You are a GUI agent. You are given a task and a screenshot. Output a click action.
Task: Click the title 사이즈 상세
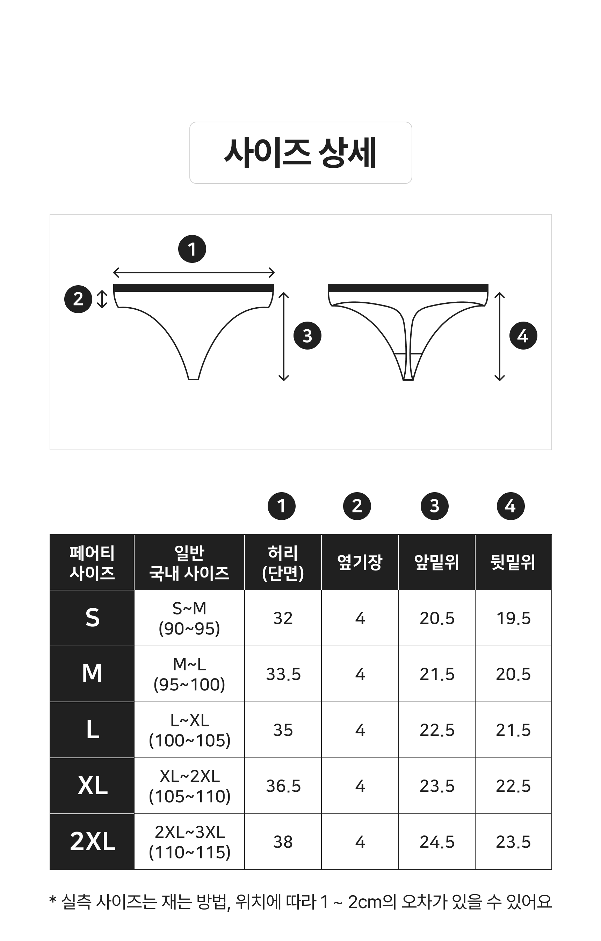pyautogui.click(x=300, y=153)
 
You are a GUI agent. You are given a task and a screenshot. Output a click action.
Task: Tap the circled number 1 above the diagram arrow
pyautogui.click(x=192, y=249)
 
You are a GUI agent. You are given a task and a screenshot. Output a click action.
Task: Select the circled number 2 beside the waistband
pyautogui.click(x=78, y=299)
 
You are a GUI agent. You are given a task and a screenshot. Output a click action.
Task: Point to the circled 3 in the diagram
pyautogui.click(x=307, y=336)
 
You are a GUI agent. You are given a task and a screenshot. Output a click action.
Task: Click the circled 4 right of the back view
pyautogui.click(x=523, y=336)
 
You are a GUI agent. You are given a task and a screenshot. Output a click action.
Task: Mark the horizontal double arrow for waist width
pyautogui.click(x=194, y=273)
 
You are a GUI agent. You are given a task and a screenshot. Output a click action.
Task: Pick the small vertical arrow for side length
pyautogui.click(x=102, y=299)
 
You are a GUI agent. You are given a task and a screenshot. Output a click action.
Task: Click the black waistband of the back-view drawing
pyautogui.click(x=408, y=288)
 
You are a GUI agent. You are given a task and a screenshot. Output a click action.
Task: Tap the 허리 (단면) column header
pyautogui.click(x=283, y=563)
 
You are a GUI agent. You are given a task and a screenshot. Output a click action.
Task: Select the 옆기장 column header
pyautogui.click(x=360, y=563)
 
